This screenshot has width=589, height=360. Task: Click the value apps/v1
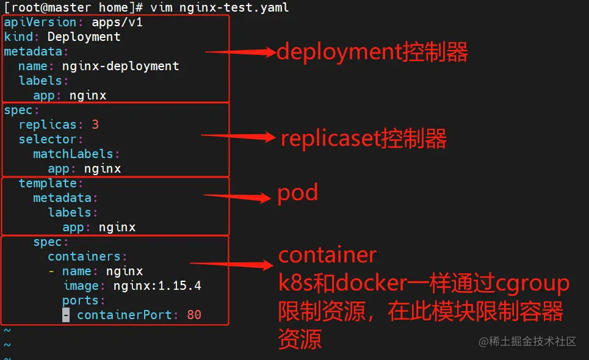click(x=117, y=23)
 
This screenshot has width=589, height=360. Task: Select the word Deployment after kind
click(x=84, y=37)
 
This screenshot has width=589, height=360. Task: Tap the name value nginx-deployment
click(x=120, y=67)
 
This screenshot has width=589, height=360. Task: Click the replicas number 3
click(x=95, y=125)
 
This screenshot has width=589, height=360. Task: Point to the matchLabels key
click(x=74, y=154)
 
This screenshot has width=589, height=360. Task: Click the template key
click(x=48, y=184)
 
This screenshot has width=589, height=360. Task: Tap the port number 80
click(x=194, y=315)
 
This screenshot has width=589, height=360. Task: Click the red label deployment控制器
click(x=372, y=52)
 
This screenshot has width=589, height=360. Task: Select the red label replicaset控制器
click(x=364, y=139)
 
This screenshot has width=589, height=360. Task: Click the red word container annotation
click(x=328, y=254)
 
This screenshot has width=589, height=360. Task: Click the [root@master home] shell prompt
click(x=73, y=8)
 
